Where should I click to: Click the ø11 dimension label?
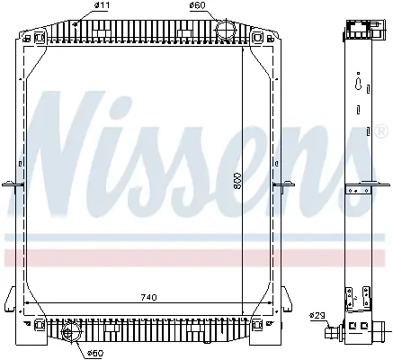(102, 5)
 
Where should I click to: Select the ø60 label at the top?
(197, 5)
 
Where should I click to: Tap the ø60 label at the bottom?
(95, 353)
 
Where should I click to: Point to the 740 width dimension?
(148, 297)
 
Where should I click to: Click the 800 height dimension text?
(237, 181)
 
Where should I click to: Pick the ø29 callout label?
(317, 316)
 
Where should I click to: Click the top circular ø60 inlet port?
(226, 29)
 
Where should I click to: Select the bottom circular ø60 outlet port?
(70, 333)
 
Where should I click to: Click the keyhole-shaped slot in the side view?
(358, 84)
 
